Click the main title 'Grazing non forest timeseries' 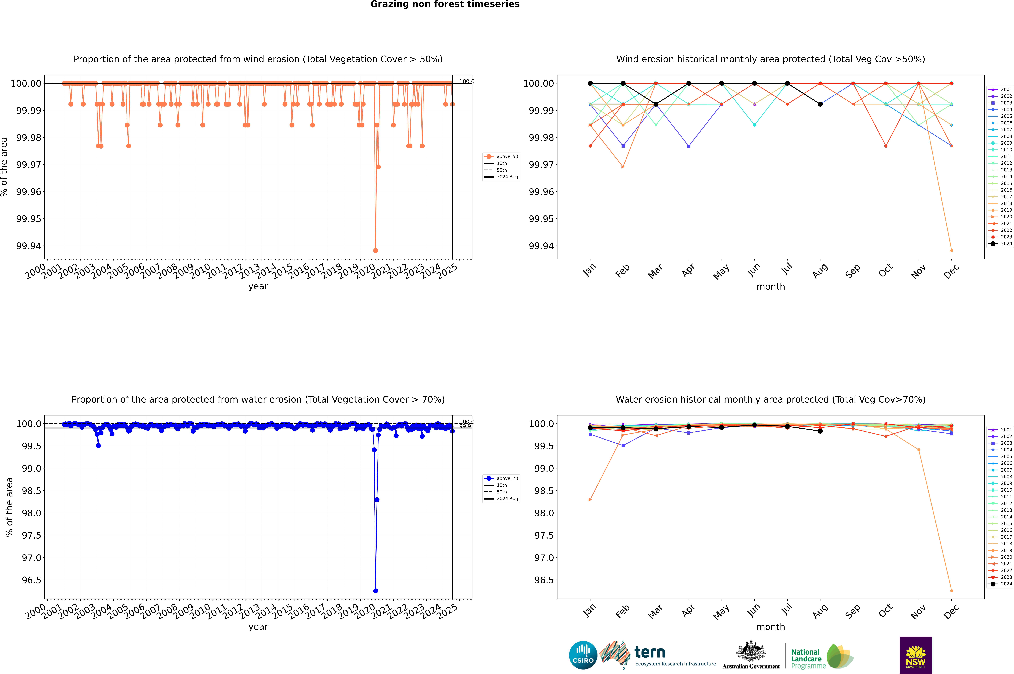(445, 4)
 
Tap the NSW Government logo (916, 655)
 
